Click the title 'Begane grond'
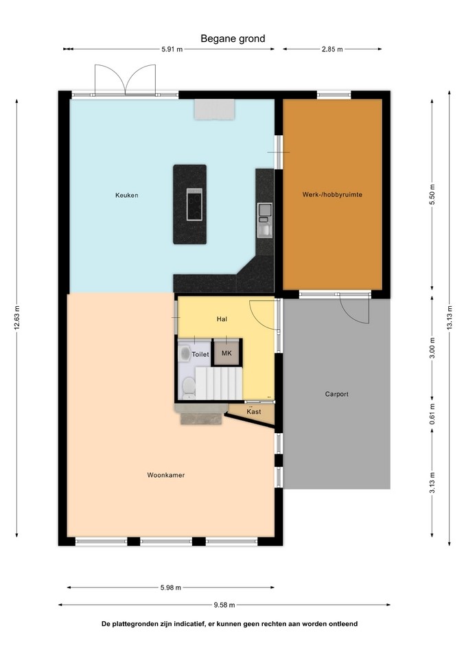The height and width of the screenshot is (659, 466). click(233, 38)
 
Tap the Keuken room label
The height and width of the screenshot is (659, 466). click(127, 195)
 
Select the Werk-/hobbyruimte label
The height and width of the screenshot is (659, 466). click(332, 194)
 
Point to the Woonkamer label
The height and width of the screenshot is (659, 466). click(166, 475)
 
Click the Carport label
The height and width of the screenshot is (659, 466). click(336, 394)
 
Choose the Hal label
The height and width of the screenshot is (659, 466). click(222, 319)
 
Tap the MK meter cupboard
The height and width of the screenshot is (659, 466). click(226, 353)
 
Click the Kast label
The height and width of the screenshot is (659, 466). click(254, 411)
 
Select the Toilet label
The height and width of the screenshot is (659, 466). click(200, 354)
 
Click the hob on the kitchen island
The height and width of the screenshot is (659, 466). click(194, 205)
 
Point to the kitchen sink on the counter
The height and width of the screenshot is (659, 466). click(265, 220)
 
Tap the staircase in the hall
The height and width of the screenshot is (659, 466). click(218, 383)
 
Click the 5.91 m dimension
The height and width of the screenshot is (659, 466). click(172, 49)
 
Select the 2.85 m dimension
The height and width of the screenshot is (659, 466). click(332, 49)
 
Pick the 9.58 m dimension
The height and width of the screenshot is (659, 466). click(224, 605)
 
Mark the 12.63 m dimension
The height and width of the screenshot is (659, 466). click(16, 318)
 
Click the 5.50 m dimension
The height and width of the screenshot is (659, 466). click(432, 194)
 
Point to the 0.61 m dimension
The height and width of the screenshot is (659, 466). click(432, 414)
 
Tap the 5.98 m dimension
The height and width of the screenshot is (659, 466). click(171, 588)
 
